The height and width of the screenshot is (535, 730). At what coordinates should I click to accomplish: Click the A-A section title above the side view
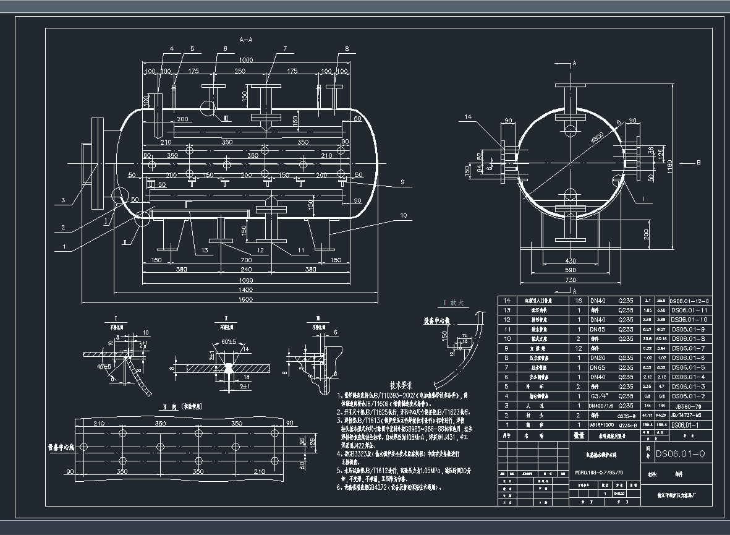click(x=245, y=40)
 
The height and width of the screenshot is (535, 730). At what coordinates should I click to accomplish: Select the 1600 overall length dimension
click(x=246, y=299)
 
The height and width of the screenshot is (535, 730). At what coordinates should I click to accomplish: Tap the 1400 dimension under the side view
click(x=246, y=289)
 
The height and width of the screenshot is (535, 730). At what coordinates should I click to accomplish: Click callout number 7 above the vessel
click(x=285, y=48)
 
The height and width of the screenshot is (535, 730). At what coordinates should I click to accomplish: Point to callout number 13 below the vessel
click(x=205, y=250)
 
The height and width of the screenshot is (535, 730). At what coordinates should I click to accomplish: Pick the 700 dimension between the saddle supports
click(x=246, y=260)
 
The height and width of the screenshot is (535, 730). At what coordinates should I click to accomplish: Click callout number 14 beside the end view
click(x=468, y=116)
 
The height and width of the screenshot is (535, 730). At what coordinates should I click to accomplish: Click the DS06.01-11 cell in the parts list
click(x=688, y=310)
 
